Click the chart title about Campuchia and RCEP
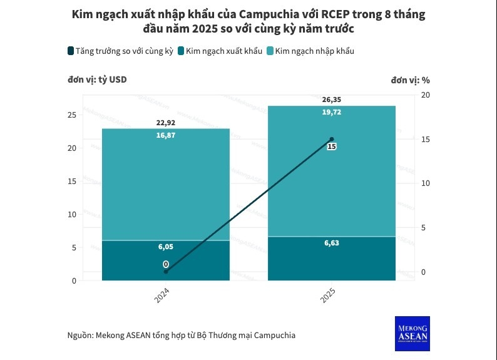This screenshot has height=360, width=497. tap(248, 22)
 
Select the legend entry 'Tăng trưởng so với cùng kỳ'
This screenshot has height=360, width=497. tap(119, 51)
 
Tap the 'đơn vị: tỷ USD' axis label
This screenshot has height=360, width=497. tap(97, 80)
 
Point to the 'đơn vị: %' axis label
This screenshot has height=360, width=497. tap(411, 80)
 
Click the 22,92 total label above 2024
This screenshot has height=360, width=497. tap(165, 123)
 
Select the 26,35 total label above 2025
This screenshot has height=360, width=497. tap(332, 100)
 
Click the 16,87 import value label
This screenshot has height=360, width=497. tap(165, 134)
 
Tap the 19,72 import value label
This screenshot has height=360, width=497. tap(332, 112)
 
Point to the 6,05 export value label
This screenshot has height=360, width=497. tap(165, 247)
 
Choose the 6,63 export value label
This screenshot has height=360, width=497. tap(332, 243)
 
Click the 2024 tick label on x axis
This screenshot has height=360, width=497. tap(162, 296)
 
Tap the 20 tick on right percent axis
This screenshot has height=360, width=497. tap(426, 95)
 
